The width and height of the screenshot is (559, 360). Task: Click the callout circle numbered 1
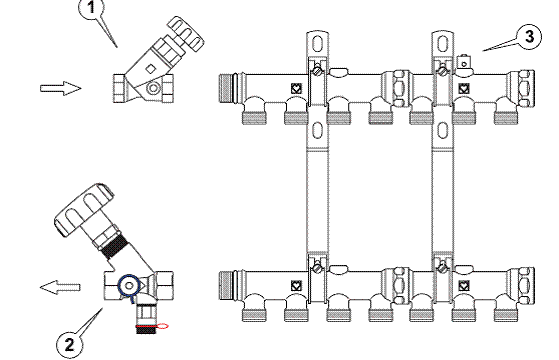click(92, 7)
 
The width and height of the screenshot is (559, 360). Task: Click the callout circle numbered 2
click(70, 345)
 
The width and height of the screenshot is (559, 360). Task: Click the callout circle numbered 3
click(529, 37)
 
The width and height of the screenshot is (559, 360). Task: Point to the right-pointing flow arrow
click(61, 88)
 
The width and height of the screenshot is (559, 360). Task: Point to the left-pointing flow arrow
click(60, 287)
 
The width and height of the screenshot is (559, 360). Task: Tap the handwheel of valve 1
click(186, 33)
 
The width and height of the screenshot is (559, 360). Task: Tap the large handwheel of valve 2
click(84, 209)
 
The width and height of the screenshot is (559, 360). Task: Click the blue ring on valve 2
click(129, 285)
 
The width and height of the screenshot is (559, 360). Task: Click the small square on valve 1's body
click(150, 69)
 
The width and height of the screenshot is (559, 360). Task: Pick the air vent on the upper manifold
click(464, 63)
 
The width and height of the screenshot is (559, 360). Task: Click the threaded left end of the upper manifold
click(227, 88)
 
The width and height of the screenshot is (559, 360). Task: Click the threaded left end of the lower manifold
click(227, 286)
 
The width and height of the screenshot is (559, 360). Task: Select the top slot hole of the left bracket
click(317, 45)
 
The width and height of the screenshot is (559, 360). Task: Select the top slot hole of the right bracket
click(442, 45)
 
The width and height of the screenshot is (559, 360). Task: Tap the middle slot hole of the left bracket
click(317, 130)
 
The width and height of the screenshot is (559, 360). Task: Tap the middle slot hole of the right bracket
click(442, 130)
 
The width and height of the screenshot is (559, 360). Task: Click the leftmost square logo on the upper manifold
click(296, 88)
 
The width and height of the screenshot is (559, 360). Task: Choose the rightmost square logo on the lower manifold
click(463, 286)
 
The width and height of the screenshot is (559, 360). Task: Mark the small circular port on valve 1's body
click(154, 88)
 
